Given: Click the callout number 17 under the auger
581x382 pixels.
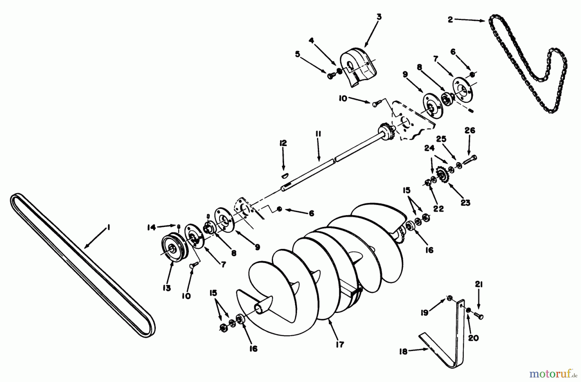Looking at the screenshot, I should tap(340, 345).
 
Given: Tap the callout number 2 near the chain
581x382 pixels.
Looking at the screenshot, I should tap(450, 20).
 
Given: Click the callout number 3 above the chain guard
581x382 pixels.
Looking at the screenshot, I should tap(379, 17).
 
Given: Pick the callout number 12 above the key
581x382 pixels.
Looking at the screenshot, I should tap(283, 143).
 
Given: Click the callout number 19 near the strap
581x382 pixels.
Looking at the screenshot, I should tap(424, 312).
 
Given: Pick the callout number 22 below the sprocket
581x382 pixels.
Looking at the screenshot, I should tap(438, 209).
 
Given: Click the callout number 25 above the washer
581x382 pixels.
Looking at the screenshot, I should tap(441, 139).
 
